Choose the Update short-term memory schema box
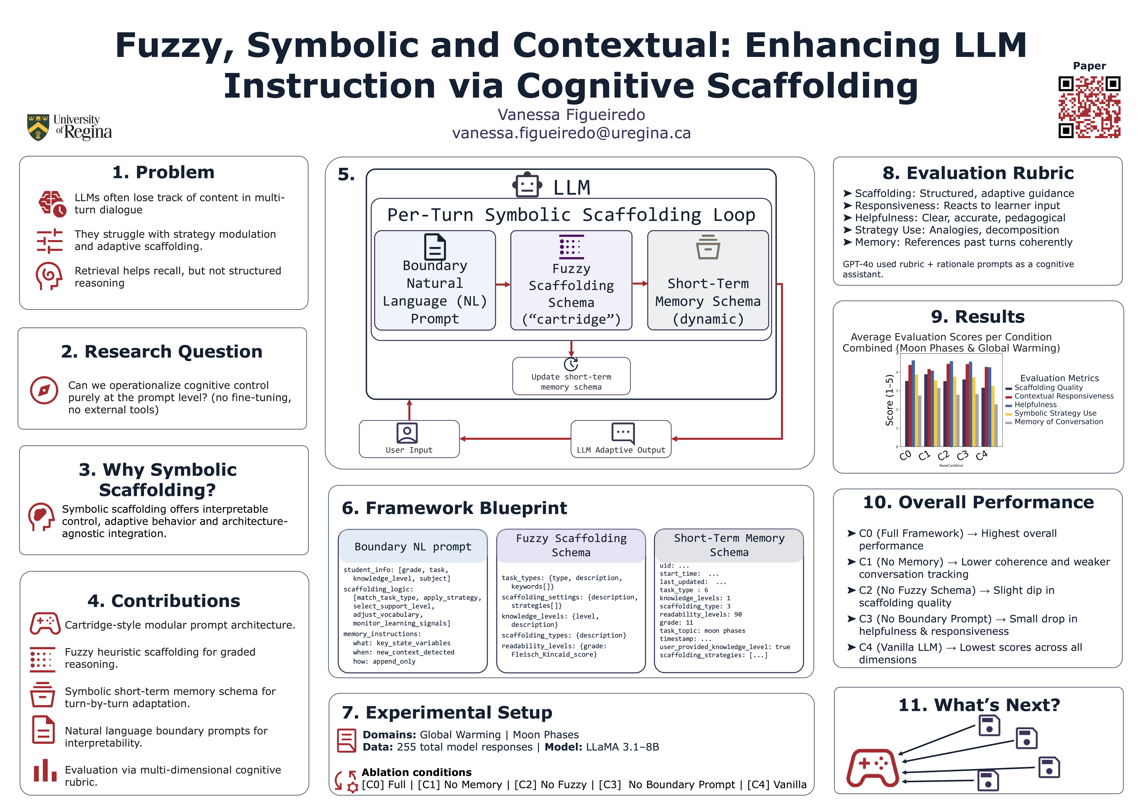click(571, 377)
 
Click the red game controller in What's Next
click(872, 768)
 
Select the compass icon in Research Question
click(44, 390)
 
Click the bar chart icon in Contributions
click(45, 771)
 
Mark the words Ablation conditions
click(416, 772)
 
